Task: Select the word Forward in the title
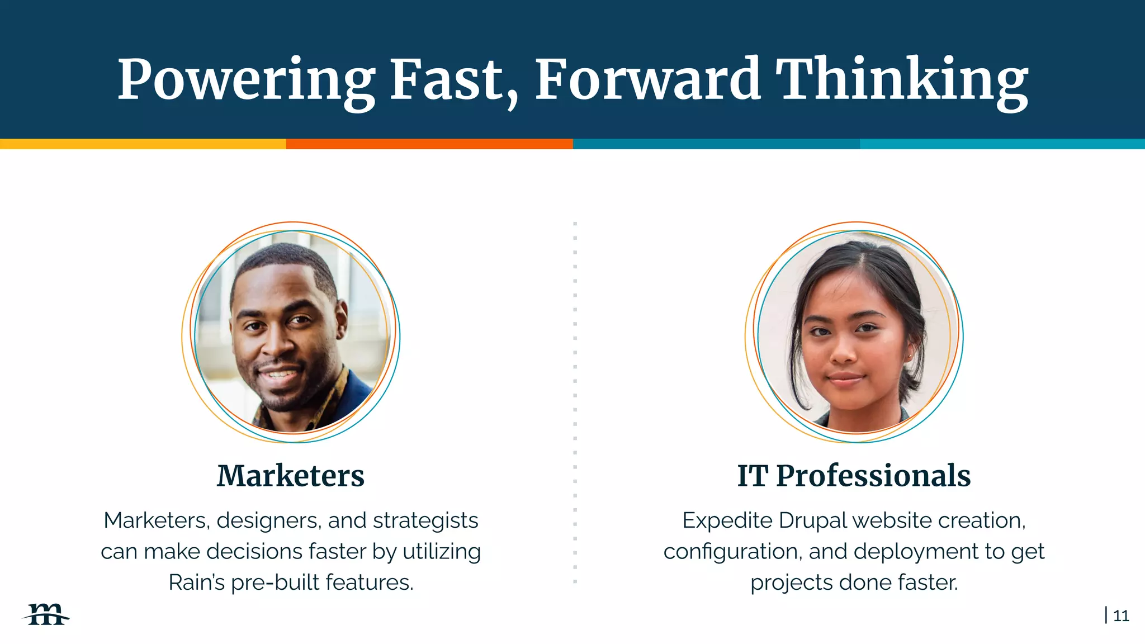[x=647, y=80]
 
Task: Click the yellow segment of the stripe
[x=143, y=144]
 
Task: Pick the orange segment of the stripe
[x=429, y=144]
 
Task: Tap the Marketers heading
[x=290, y=476]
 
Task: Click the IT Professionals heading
[x=854, y=476]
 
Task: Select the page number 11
[x=1120, y=615]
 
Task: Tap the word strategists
[x=425, y=520]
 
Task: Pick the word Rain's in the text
[x=196, y=583]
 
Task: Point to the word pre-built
[x=275, y=583]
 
